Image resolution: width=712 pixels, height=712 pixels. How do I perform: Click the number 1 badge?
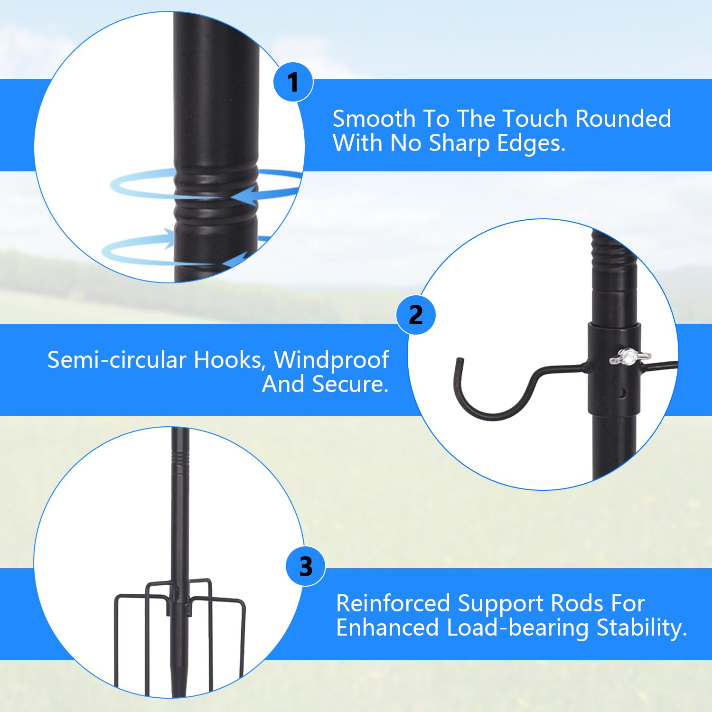pos(293,82)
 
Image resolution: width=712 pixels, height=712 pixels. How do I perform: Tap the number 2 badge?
pos(416,315)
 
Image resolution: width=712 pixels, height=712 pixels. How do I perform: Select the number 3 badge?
pos(306,566)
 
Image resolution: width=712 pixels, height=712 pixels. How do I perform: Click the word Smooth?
pos(374,119)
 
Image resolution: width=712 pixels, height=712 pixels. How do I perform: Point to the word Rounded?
pos(623,119)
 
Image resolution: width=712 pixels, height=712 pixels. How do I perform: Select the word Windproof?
pos(331,360)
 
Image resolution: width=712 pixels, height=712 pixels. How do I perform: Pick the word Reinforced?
pos(393,603)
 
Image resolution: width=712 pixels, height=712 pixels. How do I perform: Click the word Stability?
pos(642,628)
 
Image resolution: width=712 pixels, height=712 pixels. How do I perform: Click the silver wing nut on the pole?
pos(630,356)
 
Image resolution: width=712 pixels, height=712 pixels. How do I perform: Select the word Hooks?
pos(229,360)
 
